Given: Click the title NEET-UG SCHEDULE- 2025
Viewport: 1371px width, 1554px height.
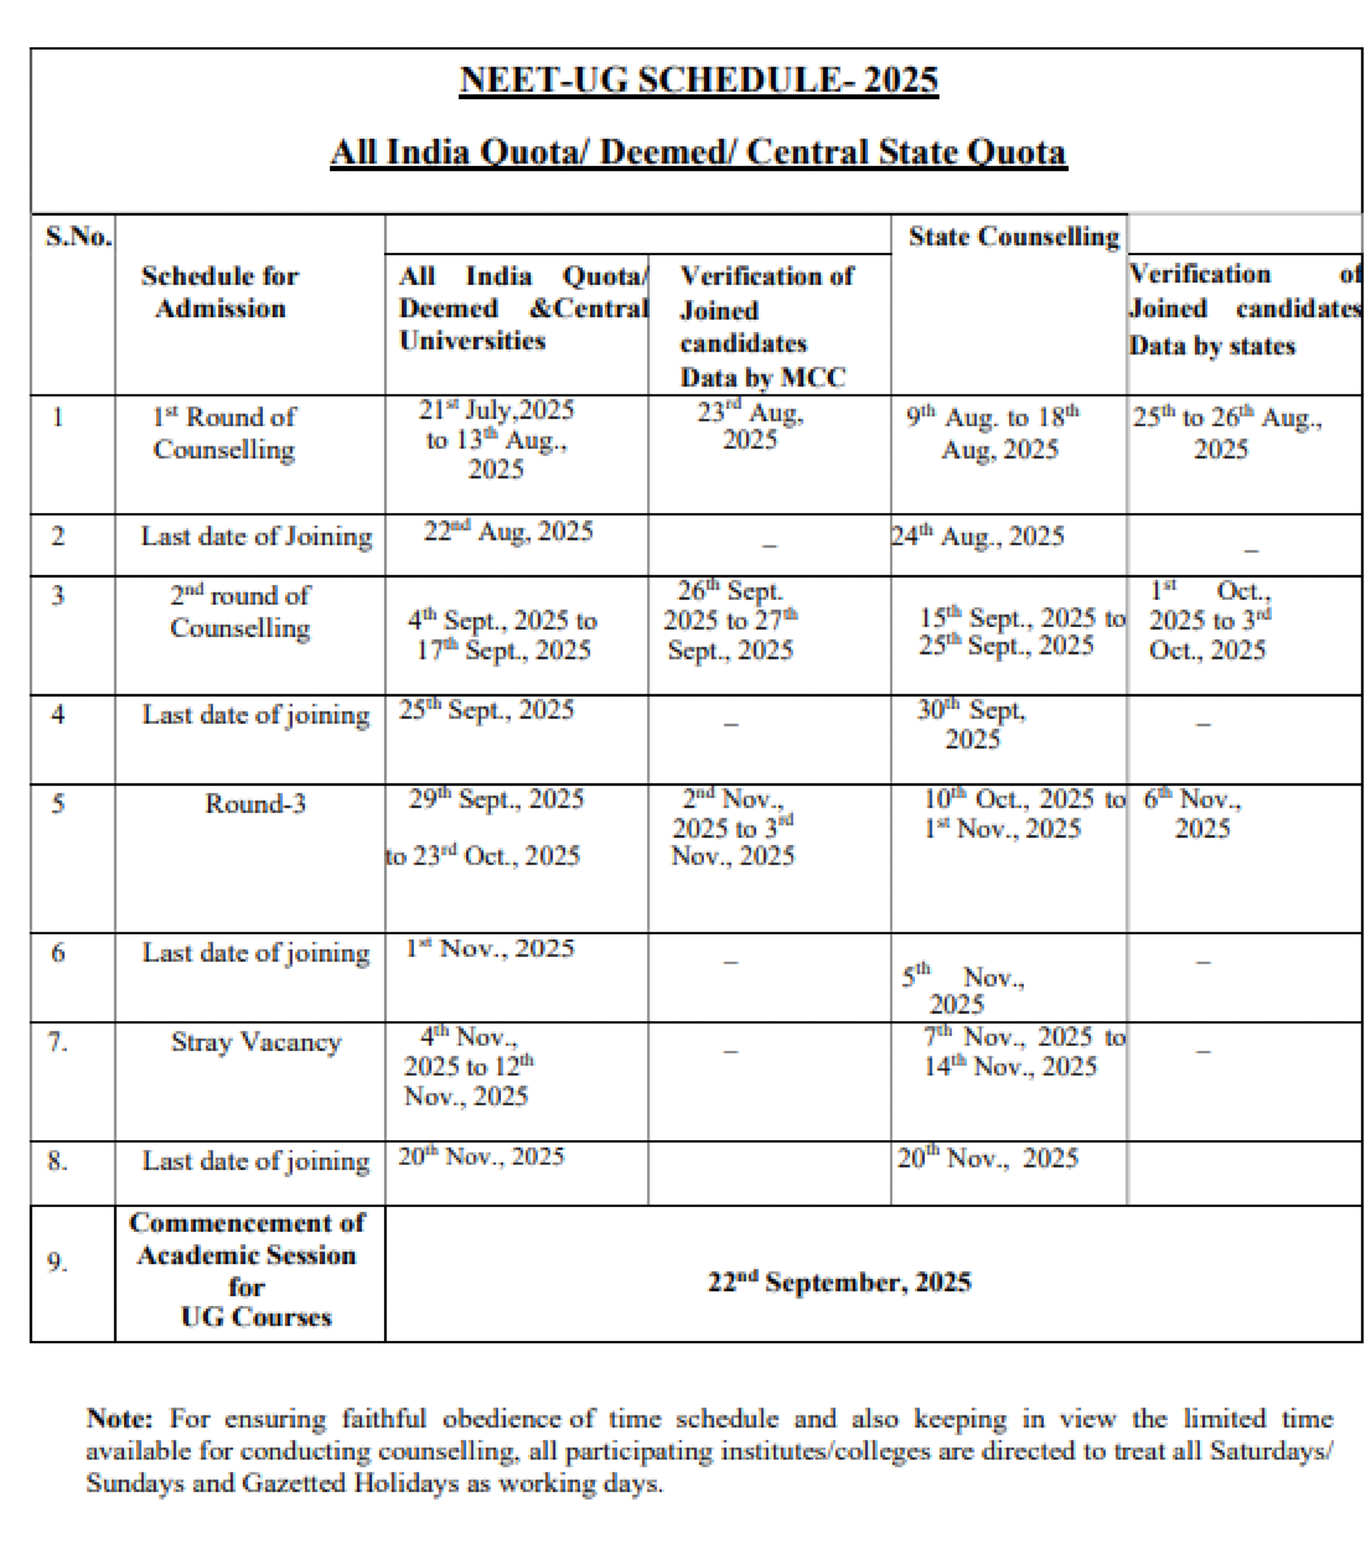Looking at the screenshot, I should point(698,80).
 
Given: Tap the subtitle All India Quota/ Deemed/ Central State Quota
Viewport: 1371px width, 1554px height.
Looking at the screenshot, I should point(698,152).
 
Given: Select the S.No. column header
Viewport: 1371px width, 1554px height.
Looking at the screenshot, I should point(78,237).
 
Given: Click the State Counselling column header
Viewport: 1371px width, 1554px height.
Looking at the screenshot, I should point(1014,237).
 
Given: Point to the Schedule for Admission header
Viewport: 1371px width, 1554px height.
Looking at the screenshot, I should point(219,292).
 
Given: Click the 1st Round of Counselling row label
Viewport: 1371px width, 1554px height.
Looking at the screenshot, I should point(224,433).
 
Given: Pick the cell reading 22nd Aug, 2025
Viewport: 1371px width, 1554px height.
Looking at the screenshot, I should point(508,532).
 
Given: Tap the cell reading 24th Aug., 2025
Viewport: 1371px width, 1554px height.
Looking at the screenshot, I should point(978,536).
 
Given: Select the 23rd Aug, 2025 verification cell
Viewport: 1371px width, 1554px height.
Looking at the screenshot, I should point(751,426).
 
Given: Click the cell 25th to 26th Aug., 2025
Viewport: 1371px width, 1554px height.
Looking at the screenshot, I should point(1226,433).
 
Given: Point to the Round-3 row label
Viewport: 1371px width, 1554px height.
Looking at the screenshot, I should point(256,804).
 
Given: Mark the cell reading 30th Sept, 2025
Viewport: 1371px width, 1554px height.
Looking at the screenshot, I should point(971,725).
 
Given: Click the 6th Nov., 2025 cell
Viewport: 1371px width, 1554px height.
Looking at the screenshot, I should point(1193,813).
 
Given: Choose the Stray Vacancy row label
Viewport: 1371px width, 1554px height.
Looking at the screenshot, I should point(256,1042).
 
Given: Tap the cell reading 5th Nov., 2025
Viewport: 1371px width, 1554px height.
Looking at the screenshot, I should point(962,990).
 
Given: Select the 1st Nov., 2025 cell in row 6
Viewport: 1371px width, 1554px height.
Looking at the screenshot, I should point(490,949).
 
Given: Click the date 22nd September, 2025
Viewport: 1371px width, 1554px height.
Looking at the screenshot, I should point(839,1283).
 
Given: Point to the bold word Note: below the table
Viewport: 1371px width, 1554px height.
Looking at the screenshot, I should point(119,1418).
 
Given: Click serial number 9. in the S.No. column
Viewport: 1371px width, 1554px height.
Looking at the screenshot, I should point(57,1263).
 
